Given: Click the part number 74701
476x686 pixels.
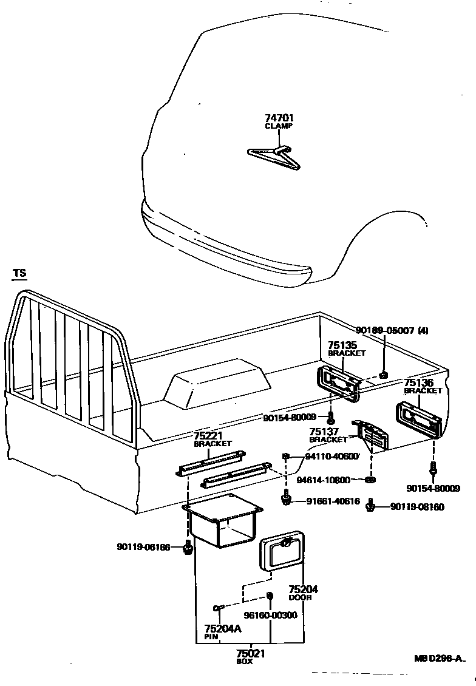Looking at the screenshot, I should click(279, 118).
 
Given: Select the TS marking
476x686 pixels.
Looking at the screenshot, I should click(20, 274).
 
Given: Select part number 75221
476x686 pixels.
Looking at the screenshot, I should click(208, 436).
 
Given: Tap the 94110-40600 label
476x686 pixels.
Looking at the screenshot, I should click(332, 457).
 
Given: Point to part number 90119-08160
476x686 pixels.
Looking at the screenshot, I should click(416, 506).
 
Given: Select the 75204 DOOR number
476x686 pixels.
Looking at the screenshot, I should click(303, 589).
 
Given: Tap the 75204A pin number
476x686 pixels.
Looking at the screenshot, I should click(223, 628).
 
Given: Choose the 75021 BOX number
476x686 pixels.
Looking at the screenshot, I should click(251, 653).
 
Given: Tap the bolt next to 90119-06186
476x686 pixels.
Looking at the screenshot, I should click(188, 548).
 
